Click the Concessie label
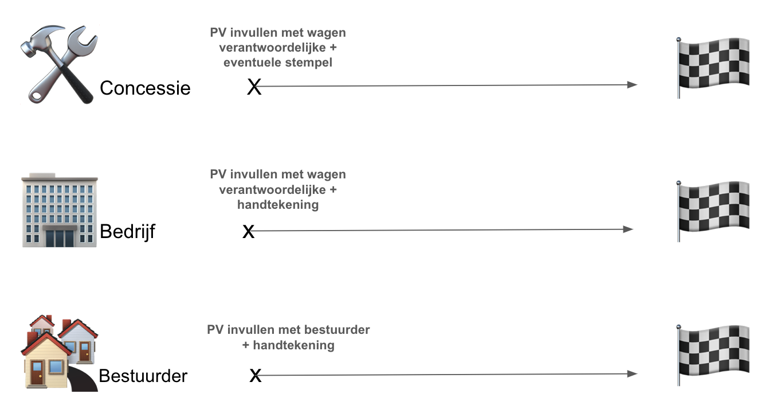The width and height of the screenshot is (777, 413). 145,88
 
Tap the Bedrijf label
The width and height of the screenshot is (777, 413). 127,231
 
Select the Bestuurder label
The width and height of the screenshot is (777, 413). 143,376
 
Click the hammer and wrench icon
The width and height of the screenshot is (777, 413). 59,64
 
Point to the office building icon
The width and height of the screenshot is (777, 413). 60,210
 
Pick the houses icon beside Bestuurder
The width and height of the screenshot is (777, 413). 60,353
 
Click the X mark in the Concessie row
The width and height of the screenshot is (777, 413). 254,87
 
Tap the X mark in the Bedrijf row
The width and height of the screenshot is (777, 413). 248,231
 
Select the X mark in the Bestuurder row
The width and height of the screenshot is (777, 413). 256,376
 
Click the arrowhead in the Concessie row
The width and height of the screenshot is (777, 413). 633,85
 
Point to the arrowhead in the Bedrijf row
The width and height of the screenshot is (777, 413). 628,229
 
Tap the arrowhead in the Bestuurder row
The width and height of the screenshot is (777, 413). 633,374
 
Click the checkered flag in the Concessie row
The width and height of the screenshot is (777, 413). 713,68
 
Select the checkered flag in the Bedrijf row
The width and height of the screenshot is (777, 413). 713,211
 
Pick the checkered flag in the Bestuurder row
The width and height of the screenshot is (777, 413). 713,355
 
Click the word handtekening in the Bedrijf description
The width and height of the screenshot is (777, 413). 278,205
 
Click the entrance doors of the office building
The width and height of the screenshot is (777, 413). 60,237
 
